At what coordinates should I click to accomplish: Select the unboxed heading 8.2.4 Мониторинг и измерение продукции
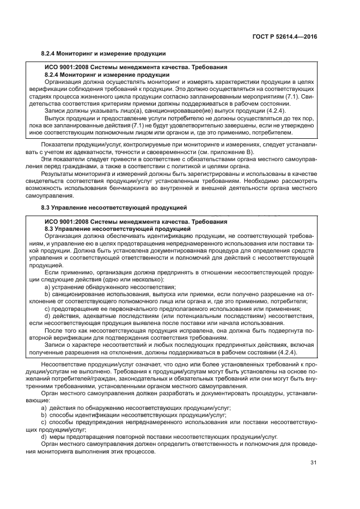103,54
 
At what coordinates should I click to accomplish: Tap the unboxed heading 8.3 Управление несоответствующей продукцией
114,207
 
